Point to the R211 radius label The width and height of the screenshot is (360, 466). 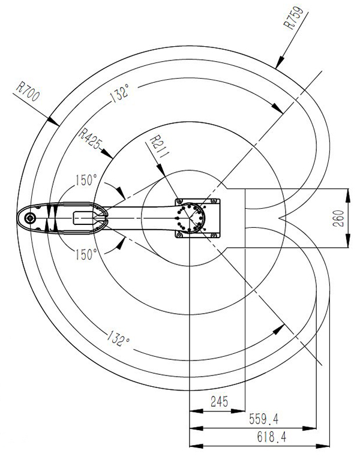coord(155,146)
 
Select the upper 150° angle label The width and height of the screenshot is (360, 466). coord(86,179)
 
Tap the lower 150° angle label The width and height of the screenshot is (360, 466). coord(86,254)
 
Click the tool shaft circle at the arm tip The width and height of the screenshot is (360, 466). coord(28,219)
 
